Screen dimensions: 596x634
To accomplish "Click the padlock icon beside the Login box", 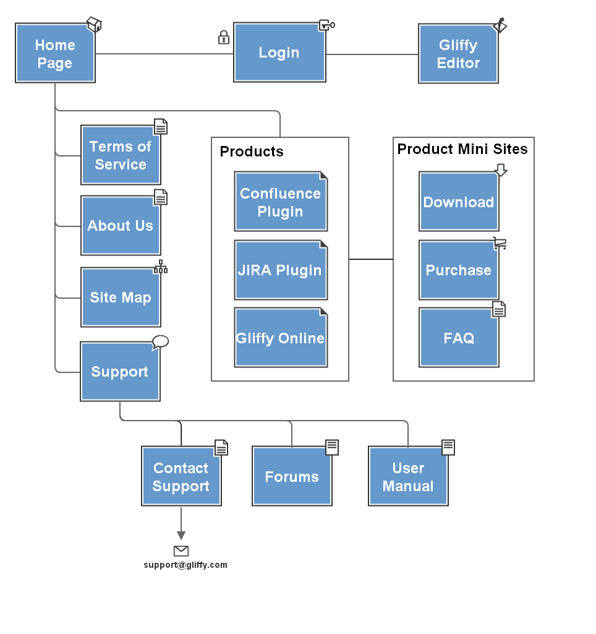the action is pos(223,37).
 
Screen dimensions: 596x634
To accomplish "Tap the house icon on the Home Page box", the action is pos(94,24).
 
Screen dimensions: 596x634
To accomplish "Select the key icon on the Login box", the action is pos(327,25).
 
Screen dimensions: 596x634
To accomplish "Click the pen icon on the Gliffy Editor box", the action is pos(500,25).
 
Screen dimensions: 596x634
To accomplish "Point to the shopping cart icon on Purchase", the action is pos(500,244).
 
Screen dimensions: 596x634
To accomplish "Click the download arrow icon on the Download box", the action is pos(501,170).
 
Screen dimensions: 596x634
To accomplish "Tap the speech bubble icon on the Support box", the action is pos(160,342).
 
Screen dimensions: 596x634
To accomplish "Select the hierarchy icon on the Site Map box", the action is pos(160,267).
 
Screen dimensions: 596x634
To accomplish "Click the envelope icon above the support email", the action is pos(181,550).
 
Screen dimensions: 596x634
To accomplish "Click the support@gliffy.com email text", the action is pos(185,565).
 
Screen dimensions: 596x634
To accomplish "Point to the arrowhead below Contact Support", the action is pos(181,535).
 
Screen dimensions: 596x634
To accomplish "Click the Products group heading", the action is pos(252,151).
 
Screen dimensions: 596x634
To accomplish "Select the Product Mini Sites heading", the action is pos(462,149).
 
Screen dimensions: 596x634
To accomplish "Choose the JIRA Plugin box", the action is pos(281,270).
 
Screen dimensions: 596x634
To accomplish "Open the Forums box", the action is pos(292,476).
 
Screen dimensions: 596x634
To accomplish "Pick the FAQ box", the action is pos(459,338).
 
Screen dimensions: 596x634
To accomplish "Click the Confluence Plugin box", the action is pos(281,202).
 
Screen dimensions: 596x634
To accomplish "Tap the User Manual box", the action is pos(408,476).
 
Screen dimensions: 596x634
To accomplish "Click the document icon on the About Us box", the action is pos(160,197).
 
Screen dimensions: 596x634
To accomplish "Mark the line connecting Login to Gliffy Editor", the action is pos(372,54).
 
